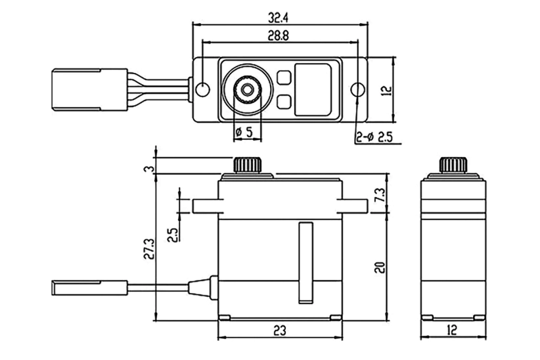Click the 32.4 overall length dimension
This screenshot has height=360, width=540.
[279, 13]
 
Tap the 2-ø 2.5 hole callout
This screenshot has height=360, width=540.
[374, 137]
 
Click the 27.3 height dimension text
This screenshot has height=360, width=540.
[148, 250]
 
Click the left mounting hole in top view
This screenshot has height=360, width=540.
[203, 88]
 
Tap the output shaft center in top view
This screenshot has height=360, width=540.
[248, 89]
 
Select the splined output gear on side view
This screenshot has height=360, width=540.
[453, 164]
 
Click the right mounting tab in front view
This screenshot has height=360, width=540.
[353, 206]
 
